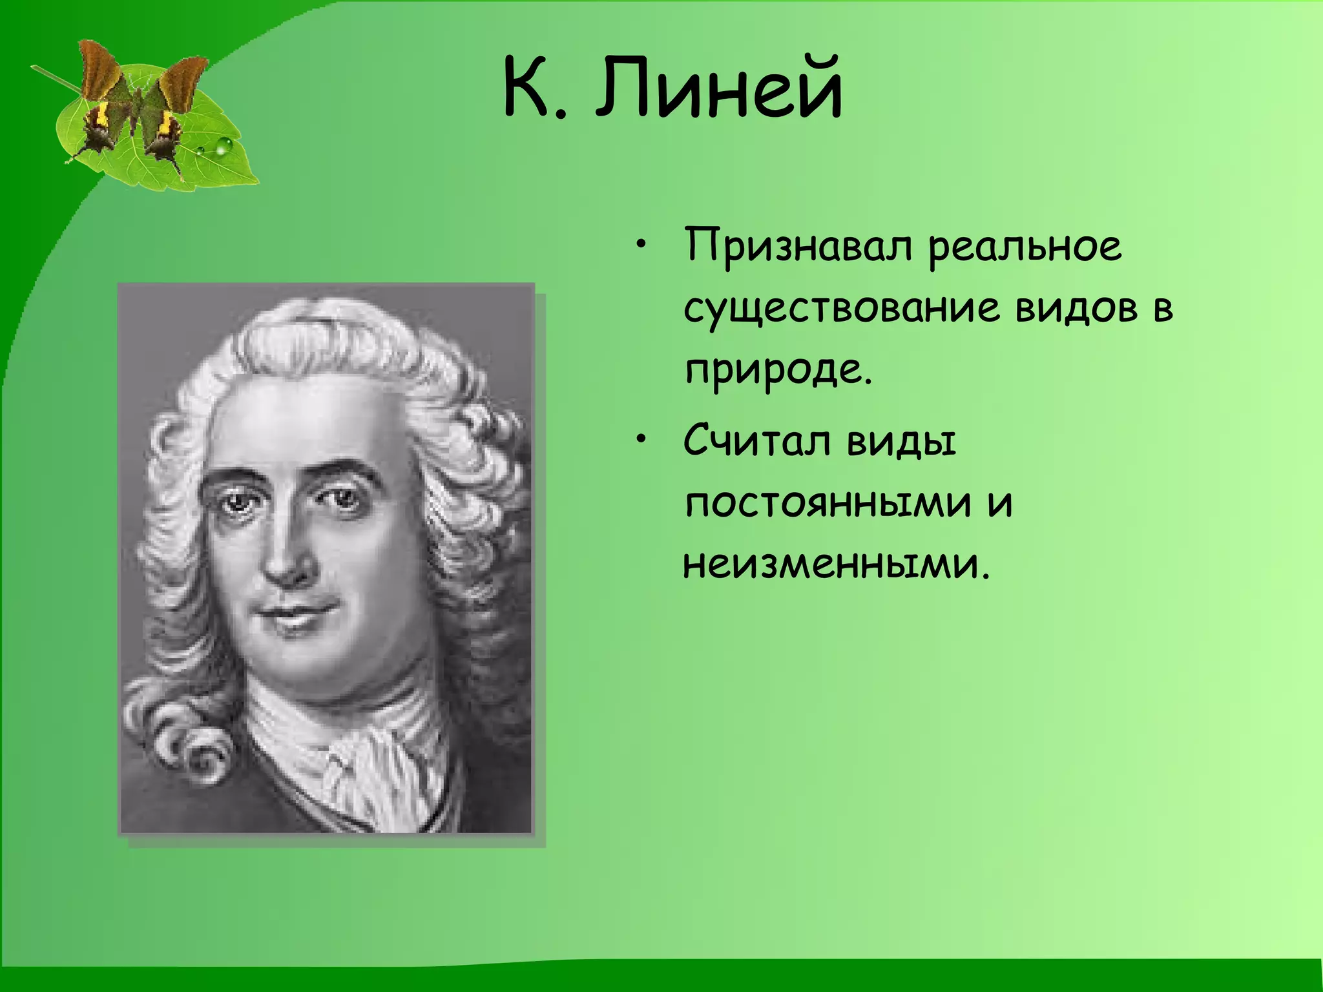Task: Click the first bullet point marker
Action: click(x=640, y=245)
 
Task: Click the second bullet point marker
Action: click(x=640, y=440)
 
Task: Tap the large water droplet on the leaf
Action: click(x=224, y=147)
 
